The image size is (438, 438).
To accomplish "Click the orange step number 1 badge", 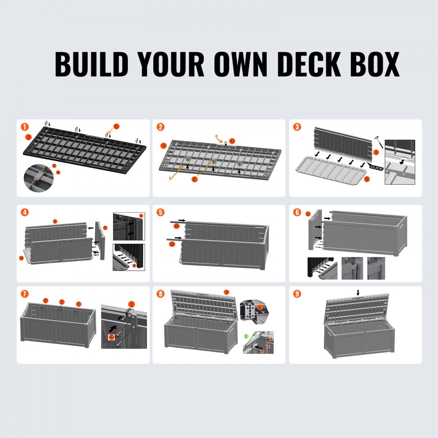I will (x=25, y=127).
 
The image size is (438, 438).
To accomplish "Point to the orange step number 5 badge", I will (x=161, y=212).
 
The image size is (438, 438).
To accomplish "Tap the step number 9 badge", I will (x=297, y=293).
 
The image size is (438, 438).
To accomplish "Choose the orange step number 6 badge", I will (x=297, y=212).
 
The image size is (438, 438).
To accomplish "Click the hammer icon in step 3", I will (x=375, y=140).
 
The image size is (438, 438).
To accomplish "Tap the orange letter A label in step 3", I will (x=376, y=152).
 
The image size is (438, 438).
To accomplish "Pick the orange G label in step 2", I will (x=233, y=141).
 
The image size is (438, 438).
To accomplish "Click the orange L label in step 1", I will (x=116, y=127).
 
